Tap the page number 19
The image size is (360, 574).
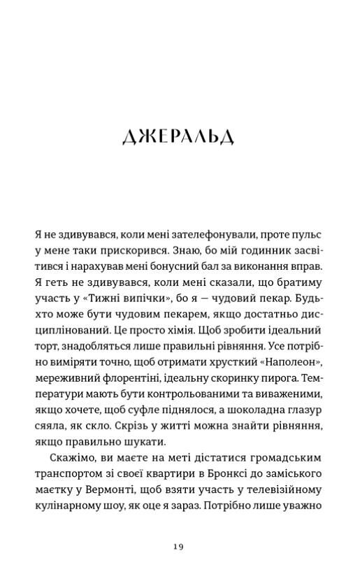point(179,547)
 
